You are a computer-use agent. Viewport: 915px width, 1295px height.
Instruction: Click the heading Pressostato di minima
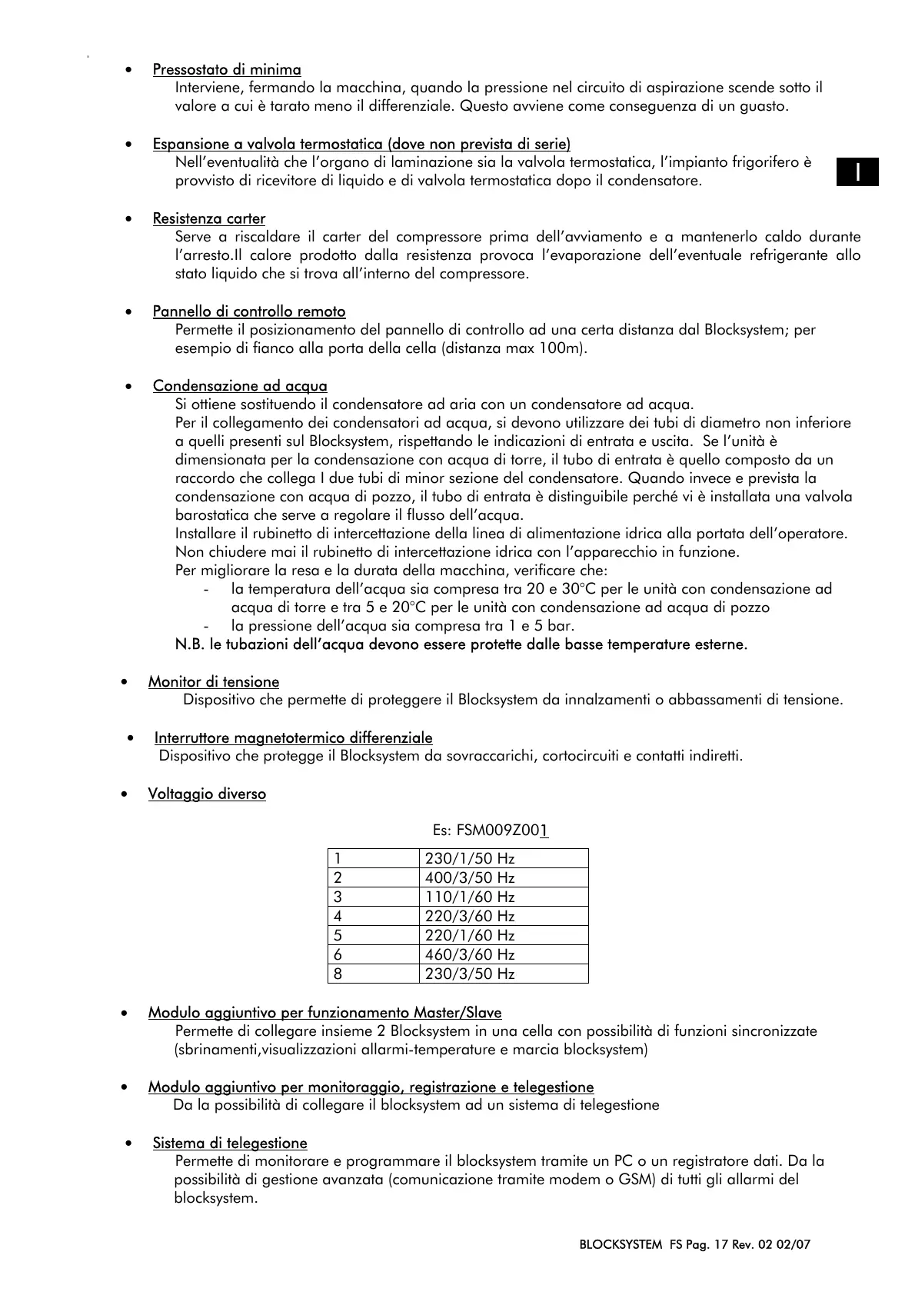pyautogui.click(x=227, y=70)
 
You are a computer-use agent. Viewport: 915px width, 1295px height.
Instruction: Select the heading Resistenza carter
pyautogui.click(x=209, y=218)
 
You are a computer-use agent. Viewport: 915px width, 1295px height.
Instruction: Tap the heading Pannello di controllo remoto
pyautogui.click(x=249, y=311)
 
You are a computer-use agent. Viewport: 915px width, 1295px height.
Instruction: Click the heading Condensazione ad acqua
pyautogui.click(x=240, y=386)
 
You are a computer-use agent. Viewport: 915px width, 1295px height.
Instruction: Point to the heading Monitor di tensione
pyautogui.click(x=214, y=682)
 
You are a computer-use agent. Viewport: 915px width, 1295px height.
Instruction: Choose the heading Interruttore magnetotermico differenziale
pyautogui.click(x=293, y=738)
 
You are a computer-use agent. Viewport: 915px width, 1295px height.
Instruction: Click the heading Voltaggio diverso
pyautogui.click(x=207, y=794)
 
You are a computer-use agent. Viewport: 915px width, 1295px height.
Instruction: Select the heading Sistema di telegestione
pyautogui.click(x=230, y=1144)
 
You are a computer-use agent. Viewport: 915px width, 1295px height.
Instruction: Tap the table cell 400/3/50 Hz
pyautogui.click(x=470, y=878)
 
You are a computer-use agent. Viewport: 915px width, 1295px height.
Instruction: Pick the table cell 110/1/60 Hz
pyautogui.click(x=470, y=897)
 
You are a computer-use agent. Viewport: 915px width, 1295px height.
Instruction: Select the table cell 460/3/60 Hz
pyautogui.click(x=470, y=955)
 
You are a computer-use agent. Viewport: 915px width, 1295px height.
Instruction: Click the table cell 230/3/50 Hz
pyautogui.click(x=470, y=974)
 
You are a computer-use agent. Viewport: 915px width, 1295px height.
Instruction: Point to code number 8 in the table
pyautogui.click(x=338, y=974)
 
